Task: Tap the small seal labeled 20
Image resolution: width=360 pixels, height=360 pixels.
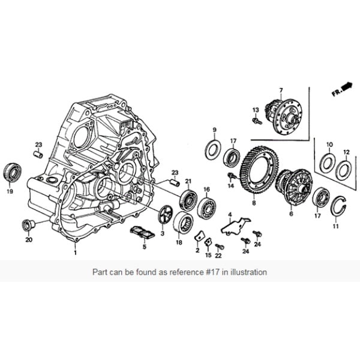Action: point(27,225)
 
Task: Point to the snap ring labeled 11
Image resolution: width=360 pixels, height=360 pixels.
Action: point(339,207)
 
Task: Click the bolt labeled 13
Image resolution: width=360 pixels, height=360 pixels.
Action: point(257,121)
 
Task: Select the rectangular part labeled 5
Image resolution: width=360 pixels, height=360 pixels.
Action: point(144,232)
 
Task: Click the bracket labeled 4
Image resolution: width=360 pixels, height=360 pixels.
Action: point(235,224)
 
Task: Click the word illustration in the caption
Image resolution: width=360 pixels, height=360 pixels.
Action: point(250,272)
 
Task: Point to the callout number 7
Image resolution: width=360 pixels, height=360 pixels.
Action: point(280,90)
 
